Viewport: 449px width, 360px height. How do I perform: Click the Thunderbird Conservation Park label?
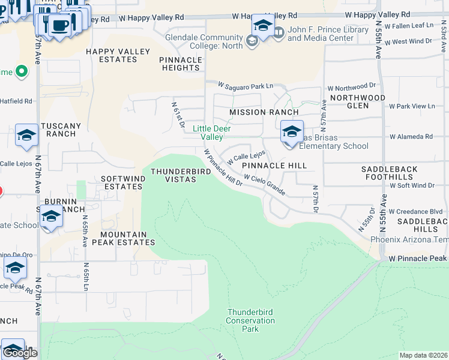pos(251,320)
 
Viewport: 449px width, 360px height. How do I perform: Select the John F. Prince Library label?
pos(320,34)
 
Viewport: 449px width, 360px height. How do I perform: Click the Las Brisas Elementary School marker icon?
pos(292,131)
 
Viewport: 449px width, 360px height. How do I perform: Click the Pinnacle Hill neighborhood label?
pos(274,166)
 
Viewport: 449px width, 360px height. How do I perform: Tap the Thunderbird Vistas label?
pos(173,175)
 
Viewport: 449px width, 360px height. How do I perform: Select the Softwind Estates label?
pos(122,182)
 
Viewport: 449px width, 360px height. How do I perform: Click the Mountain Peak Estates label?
pos(127,238)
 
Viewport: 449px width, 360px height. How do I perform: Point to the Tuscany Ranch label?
pos(60,130)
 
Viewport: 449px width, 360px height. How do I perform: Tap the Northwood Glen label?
pos(358,101)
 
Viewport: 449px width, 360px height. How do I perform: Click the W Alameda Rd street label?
pos(411,137)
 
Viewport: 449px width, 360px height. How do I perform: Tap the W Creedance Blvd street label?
pos(415,212)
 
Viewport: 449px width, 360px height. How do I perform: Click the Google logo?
pos(20,353)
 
